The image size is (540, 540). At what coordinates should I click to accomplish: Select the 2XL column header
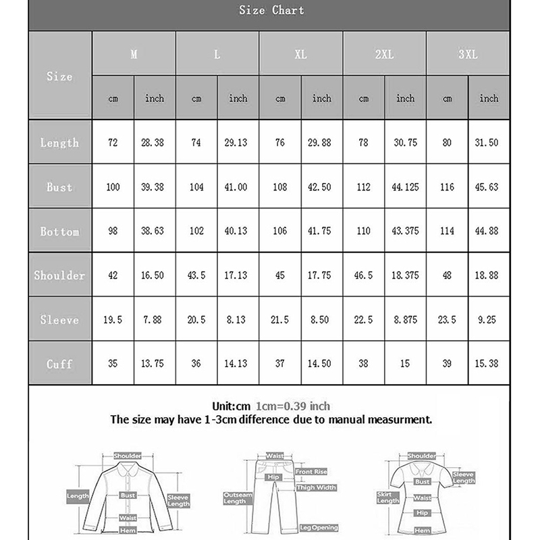pos(384,55)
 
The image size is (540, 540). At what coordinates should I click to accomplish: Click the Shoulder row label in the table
pos(59,275)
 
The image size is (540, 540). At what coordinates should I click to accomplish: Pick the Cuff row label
pos(59,364)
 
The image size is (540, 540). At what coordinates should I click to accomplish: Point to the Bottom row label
pos(59,232)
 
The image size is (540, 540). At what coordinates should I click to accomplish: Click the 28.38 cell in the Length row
pos(155,142)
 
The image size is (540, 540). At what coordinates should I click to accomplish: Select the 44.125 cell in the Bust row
pos(405,187)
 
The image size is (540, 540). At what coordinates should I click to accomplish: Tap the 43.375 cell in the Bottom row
pos(405,232)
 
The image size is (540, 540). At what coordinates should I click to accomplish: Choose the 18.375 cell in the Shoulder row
pos(405,275)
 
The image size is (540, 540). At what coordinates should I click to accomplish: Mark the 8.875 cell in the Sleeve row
pos(405,320)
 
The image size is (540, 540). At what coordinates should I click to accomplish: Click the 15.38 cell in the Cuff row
pos(489,364)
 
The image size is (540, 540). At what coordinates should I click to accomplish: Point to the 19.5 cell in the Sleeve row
pos(113,320)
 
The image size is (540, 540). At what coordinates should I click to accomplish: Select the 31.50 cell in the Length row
pos(489,142)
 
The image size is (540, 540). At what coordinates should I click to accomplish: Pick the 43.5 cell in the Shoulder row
pos(196,275)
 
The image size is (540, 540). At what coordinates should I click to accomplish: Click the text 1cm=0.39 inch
pos(293,406)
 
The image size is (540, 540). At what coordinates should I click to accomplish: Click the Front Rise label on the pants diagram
pos(310,471)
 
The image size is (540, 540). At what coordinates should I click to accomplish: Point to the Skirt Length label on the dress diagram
pos(387,497)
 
